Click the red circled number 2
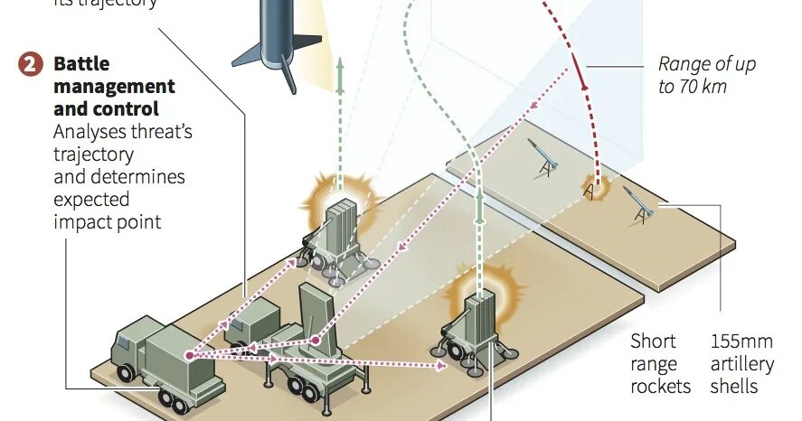point(31,65)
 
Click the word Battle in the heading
point(81,65)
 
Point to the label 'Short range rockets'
point(660,364)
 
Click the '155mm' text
point(741,342)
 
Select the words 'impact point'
point(108,220)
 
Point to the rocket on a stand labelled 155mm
point(640,204)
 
